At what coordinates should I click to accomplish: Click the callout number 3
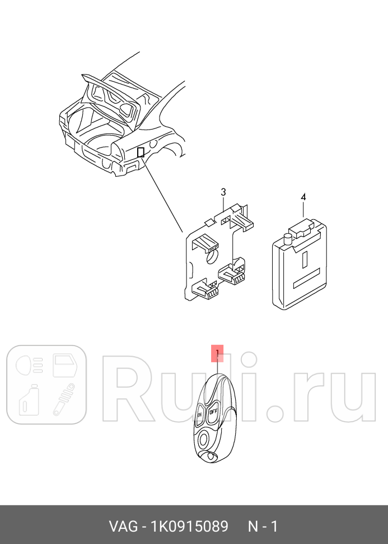tap(223, 192)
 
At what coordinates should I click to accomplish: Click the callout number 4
tap(303, 197)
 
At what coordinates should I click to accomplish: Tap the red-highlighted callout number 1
tap(217, 353)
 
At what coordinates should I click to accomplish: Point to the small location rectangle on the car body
tap(141, 152)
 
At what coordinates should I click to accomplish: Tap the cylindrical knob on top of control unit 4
tap(287, 239)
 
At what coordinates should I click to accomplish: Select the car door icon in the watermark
tap(67, 365)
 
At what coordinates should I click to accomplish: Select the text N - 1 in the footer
tap(263, 527)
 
